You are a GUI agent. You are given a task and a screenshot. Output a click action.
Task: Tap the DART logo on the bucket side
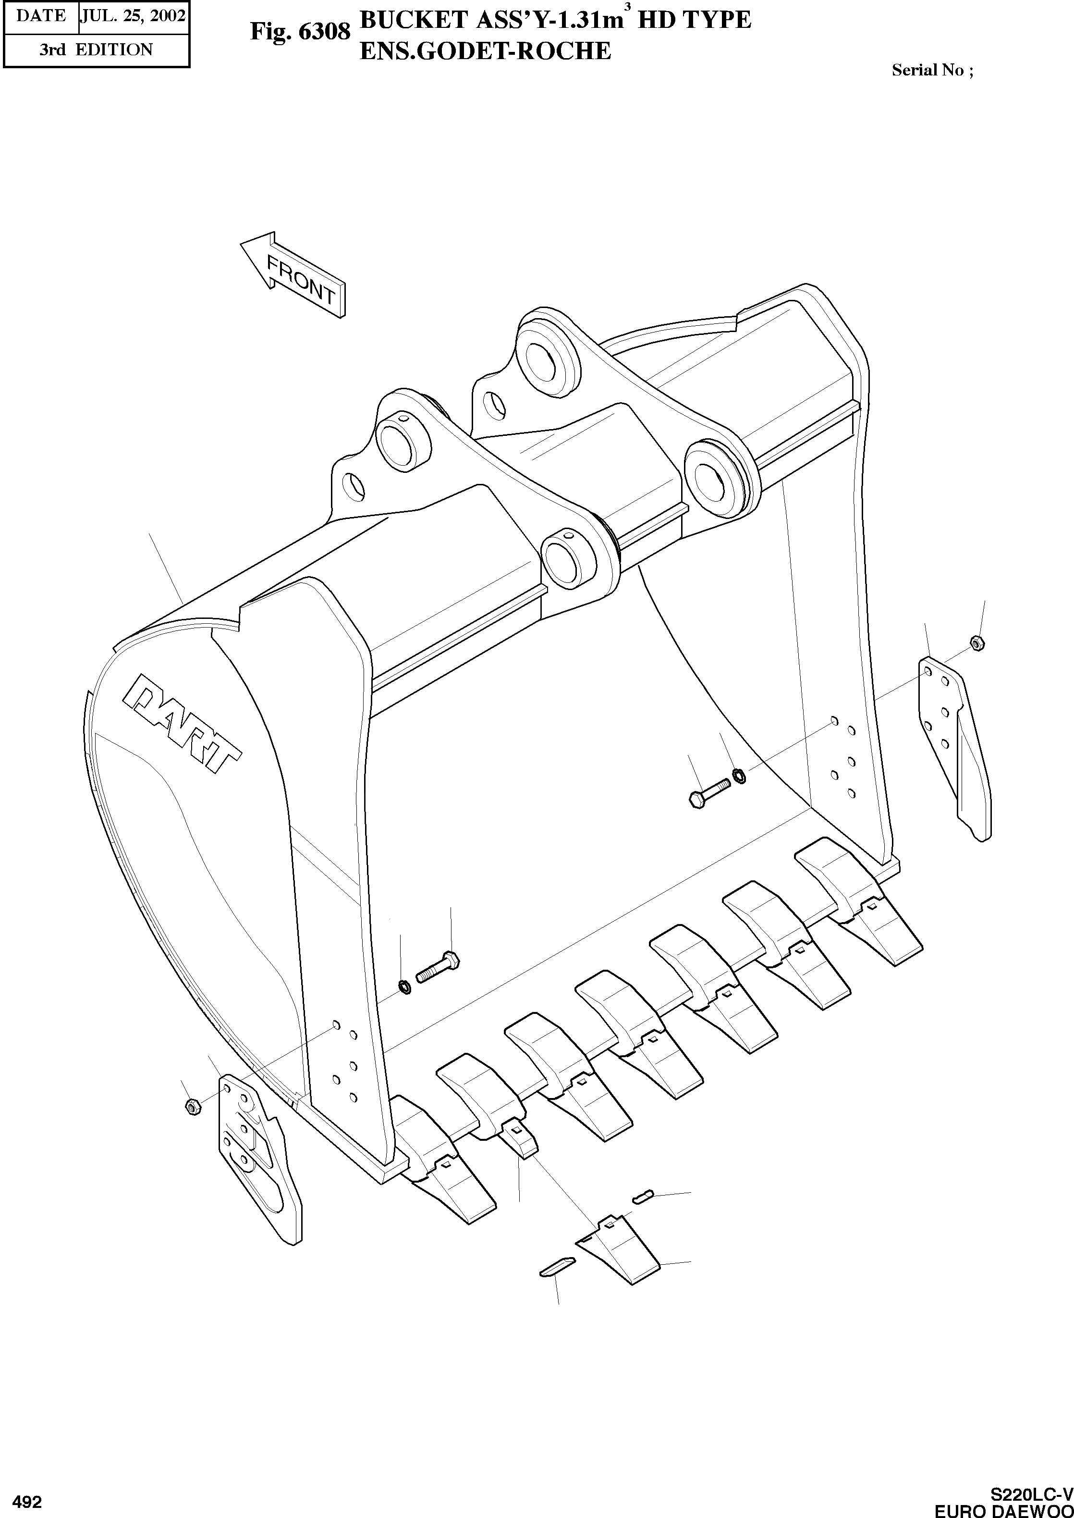pos(183,724)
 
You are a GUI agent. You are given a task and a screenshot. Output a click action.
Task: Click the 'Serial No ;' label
pos(932,70)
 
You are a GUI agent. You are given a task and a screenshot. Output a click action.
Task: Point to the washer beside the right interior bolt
pos(739,775)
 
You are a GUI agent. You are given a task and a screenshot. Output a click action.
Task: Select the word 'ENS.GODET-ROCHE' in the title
pos(485,51)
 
